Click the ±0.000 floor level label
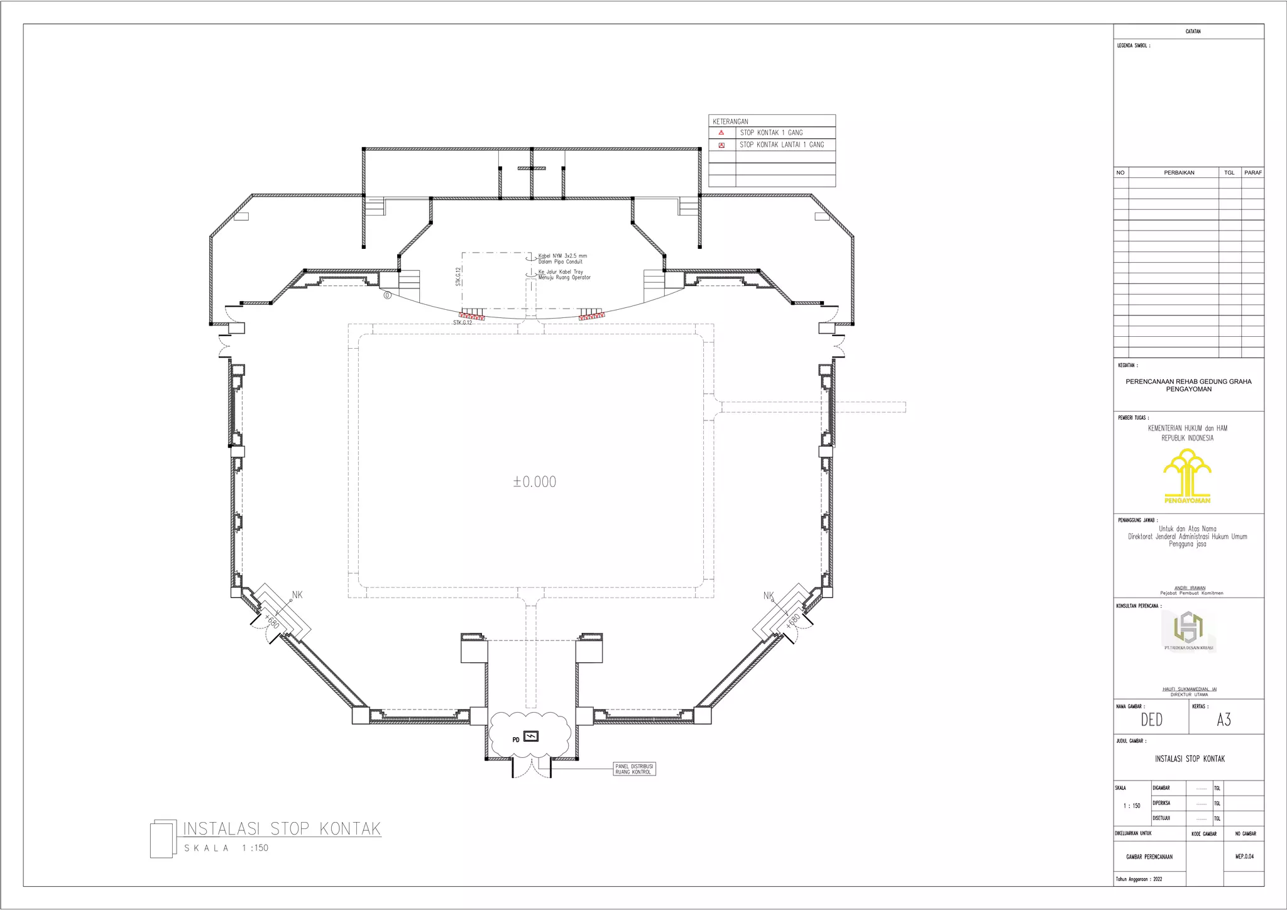click(535, 482)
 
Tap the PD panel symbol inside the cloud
click(531, 737)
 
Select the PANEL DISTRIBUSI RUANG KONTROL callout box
click(634, 769)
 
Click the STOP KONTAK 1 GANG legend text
click(771, 133)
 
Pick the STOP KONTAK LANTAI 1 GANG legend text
click(782, 145)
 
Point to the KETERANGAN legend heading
click(730, 121)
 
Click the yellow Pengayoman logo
click(1187, 476)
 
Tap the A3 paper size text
click(1224, 720)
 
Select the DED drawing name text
click(1152, 720)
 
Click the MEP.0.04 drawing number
click(1244, 856)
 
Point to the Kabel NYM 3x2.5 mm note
click(562, 256)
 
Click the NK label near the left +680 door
click(297, 595)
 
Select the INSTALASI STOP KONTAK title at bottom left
click(282, 828)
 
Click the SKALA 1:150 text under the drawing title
click(226, 848)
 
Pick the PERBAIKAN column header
click(1179, 173)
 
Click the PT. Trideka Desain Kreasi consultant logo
click(1188, 631)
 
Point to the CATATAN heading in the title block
click(1193, 31)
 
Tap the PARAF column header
click(1253, 173)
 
